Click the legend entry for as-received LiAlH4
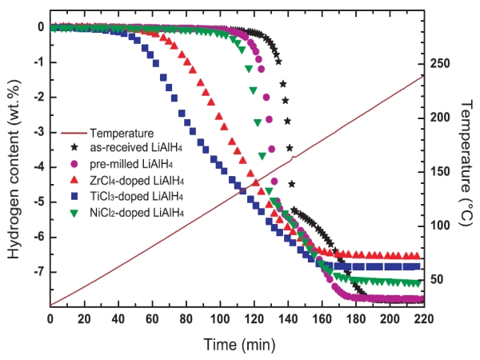tap(134, 148)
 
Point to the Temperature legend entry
tap(122, 133)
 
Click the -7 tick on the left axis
tap(37, 272)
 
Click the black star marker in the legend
tap(74, 148)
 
